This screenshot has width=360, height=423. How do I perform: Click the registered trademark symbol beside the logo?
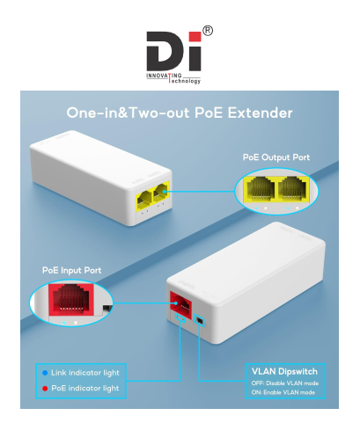(208, 31)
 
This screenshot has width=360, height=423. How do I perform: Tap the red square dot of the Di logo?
(195, 37)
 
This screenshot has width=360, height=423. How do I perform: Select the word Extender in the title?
(260, 113)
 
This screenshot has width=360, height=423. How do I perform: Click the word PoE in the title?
(209, 113)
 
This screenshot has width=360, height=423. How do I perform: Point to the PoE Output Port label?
(276, 157)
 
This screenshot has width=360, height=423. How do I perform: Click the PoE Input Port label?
(72, 270)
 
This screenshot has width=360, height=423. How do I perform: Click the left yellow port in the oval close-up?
(261, 189)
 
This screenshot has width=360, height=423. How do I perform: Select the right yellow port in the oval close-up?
(292, 189)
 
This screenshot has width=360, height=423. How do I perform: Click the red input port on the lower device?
(181, 306)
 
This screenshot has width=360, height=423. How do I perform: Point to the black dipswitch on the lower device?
(200, 321)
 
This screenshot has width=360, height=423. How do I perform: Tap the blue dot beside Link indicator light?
(45, 373)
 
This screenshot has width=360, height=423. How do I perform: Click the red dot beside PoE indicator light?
(45, 389)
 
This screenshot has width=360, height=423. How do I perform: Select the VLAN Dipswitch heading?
(284, 372)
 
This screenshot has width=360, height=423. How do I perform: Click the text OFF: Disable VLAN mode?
(284, 383)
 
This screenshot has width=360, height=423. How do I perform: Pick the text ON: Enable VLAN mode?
(283, 392)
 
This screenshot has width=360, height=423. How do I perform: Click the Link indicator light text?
(85, 373)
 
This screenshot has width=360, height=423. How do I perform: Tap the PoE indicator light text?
(85, 389)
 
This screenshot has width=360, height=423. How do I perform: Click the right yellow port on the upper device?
(161, 192)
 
